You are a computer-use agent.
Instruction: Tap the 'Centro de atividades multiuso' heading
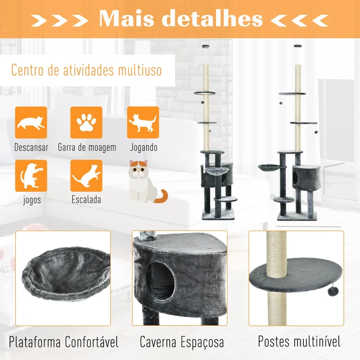coord(86,71)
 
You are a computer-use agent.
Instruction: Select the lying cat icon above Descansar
coord(31,122)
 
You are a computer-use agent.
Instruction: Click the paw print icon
coord(86,122)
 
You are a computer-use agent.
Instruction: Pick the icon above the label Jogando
coord(143,122)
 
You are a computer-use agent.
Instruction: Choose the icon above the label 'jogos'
coord(31,176)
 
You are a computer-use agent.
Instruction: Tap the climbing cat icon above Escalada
coord(86,176)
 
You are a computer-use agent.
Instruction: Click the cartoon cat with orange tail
coord(145,182)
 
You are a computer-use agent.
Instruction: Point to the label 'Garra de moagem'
coord(87,148)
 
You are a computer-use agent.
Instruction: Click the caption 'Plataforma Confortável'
coord(64,342)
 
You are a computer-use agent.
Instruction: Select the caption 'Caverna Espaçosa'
coord(182,342)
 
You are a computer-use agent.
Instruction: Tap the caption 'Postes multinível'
coord(299,341)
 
